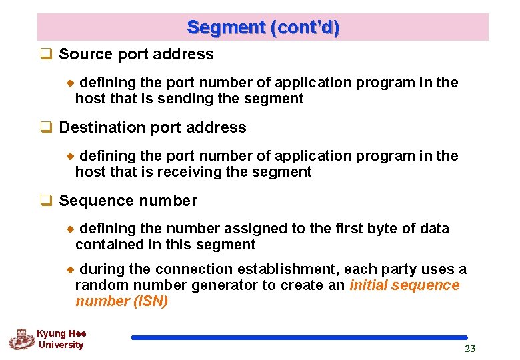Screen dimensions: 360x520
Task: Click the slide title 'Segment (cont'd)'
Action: (x=263, y=27)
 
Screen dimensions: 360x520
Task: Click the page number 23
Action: (x=470, y=349)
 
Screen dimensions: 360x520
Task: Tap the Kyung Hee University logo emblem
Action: (x=21, y=339)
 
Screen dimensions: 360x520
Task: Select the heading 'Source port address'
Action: (x=136, y=55)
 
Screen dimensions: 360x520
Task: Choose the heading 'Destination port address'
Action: (x=153, y=127)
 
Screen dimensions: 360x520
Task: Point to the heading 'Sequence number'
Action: (x=128, y=201)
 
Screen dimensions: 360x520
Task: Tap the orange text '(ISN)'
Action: (x=151, y=301)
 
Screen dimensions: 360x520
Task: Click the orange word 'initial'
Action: (x=369, y=285)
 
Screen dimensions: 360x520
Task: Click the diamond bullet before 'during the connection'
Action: (x=69, y=270)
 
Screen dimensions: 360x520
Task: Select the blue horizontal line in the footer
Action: (x=299, y=338)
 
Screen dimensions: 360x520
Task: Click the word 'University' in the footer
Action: (x=61, y=345)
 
